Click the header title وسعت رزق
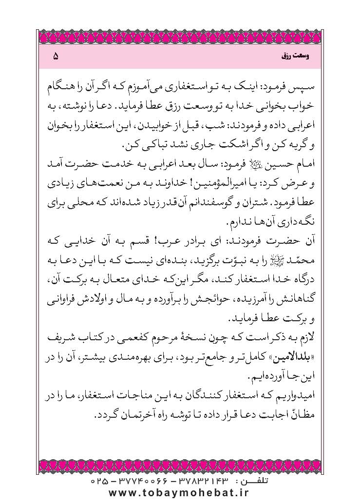pyautogui.click(x=293, y=57)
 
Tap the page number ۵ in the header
pyautogui.click(x=55, y=57)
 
